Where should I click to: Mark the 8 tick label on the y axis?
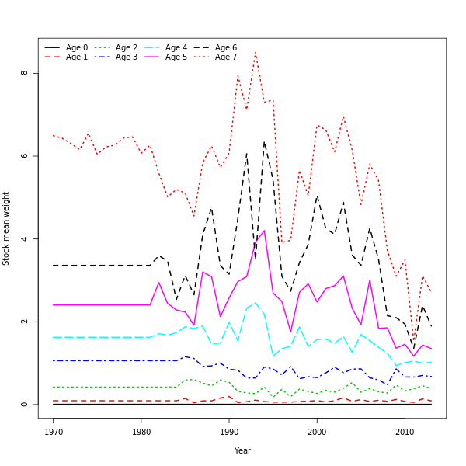(25, 73)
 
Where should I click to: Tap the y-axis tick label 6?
(25, 156)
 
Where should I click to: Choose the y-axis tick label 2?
(25, 322)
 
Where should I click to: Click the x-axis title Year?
(242, 450)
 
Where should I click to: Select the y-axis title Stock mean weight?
(6, 228)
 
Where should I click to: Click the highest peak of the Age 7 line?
(256, 52)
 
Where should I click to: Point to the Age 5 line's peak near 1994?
(264, 230)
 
